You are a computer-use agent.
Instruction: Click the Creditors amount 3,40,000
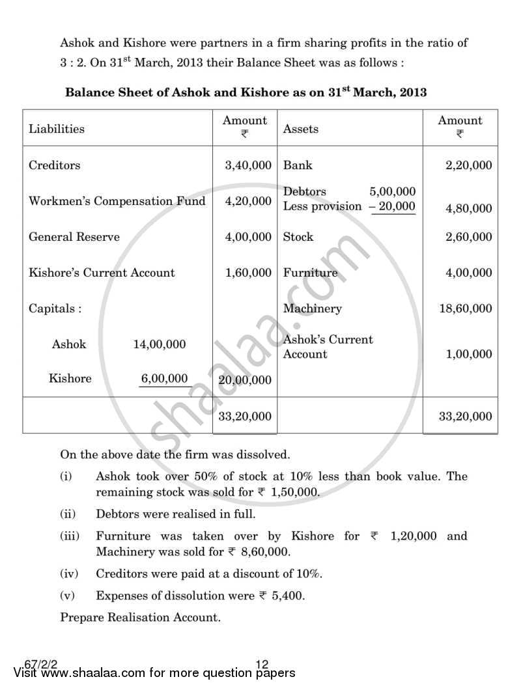248,165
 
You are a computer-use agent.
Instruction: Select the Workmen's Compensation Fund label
117,201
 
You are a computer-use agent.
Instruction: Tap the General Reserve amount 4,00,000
248,237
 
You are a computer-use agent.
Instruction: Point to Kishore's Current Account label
102,273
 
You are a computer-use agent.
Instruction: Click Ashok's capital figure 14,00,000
160,344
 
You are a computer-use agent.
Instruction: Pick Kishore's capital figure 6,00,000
165,379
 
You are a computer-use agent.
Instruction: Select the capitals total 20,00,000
246,380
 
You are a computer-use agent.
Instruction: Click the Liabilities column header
57,129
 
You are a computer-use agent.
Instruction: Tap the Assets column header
301,129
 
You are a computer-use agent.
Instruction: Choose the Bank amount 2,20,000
468,165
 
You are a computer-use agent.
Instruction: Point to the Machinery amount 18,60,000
466,309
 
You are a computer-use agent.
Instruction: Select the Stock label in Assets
298,237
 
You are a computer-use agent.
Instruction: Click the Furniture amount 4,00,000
468,273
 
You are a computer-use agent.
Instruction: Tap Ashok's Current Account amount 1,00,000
468,354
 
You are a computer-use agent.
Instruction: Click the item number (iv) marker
69,573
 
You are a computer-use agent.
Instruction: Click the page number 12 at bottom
262,664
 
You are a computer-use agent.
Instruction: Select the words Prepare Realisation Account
141,617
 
